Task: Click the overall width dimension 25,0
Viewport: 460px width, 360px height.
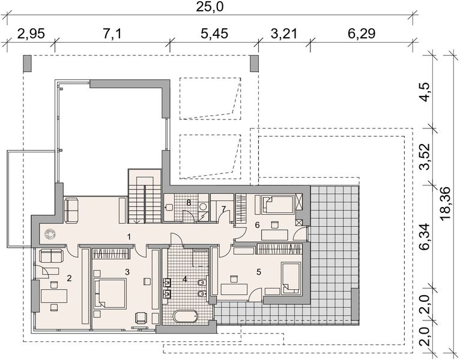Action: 210,7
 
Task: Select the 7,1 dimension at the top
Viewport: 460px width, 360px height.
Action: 112,34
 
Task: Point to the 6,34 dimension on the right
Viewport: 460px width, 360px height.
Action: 425,236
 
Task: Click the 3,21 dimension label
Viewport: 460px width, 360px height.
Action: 284,34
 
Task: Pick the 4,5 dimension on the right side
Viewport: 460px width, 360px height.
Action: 425,92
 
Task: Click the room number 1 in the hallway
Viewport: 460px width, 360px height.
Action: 129,236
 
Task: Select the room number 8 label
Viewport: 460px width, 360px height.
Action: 189,202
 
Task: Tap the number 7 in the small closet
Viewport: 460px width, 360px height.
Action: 224,209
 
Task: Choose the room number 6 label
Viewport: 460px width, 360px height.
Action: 257,225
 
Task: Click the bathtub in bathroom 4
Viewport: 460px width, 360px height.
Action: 186,317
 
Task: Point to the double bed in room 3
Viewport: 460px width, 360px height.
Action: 110,293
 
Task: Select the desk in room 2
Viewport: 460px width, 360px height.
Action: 54,296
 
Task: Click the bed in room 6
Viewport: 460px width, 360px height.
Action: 278,205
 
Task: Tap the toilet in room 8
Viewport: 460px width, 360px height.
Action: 169,207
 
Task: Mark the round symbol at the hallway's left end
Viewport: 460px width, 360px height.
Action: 50,234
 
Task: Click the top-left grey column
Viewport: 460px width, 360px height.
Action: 27,64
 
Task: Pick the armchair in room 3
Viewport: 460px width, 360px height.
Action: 141,318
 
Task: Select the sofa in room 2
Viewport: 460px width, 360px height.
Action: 51,256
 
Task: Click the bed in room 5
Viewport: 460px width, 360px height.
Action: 291,278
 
